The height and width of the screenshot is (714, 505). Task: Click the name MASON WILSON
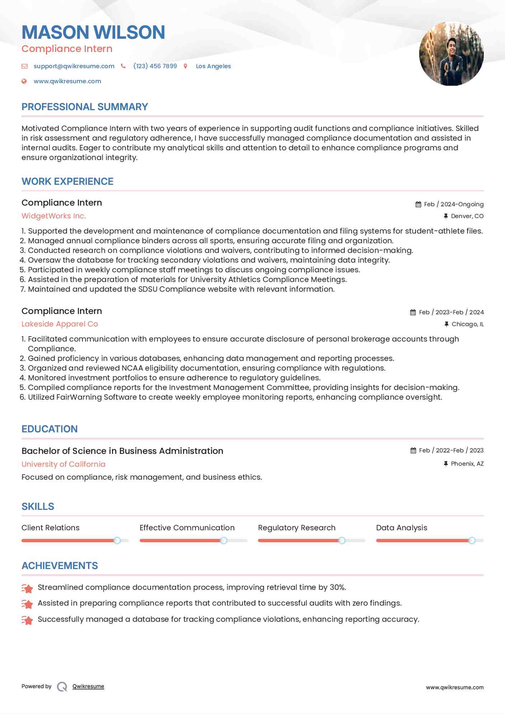coord(93,32)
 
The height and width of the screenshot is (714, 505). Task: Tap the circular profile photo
coord(451,54)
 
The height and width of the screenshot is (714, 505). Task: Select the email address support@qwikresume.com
coord(74,66)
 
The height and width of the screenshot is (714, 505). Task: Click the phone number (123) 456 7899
coord(155,66)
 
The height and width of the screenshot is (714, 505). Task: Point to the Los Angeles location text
coord(213,66)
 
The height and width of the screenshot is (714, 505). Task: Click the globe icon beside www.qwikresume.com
coord(24,81)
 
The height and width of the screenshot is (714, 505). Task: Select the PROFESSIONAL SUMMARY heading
coord(85,107)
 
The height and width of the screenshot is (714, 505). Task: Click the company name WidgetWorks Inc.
coord(54,216)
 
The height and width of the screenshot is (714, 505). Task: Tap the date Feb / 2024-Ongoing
coord(454,204)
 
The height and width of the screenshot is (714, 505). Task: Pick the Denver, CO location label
coord(467,216)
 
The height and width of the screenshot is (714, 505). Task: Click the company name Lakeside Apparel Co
coord(60,324)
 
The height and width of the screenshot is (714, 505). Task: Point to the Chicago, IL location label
coord(467,324)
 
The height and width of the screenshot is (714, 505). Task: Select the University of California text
coord(64,464)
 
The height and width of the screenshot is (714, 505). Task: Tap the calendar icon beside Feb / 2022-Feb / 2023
coord(413,451)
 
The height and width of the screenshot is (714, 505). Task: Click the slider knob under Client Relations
coord(117,540)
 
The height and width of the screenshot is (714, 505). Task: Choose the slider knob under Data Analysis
coord(472,540)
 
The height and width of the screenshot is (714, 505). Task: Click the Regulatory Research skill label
coord(296,528)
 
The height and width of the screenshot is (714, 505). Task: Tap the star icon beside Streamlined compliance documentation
coord(27,588)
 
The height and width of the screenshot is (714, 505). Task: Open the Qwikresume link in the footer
coord(88,686)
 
